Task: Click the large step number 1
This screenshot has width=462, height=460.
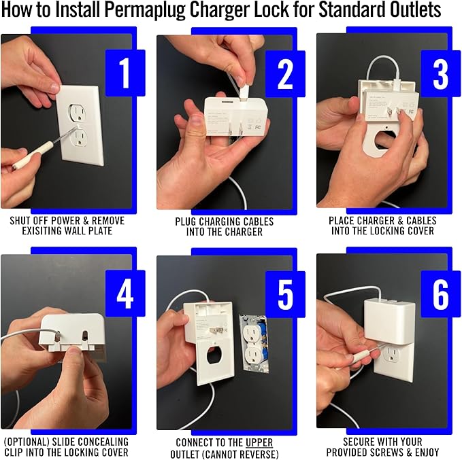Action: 125,73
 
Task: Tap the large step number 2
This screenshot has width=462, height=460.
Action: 285,73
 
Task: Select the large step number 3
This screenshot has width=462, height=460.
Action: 441,73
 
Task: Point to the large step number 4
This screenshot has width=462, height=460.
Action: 125,294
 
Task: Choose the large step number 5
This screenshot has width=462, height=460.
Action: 285,294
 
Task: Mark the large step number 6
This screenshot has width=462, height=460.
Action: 441,294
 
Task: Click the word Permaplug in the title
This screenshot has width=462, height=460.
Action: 146,10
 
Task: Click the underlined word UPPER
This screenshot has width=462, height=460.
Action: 259,442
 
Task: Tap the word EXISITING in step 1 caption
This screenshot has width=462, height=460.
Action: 42,231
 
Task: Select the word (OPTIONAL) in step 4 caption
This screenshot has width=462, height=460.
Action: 27,442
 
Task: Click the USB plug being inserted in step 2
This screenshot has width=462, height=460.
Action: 244,92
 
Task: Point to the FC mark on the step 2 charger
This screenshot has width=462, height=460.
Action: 258,128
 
